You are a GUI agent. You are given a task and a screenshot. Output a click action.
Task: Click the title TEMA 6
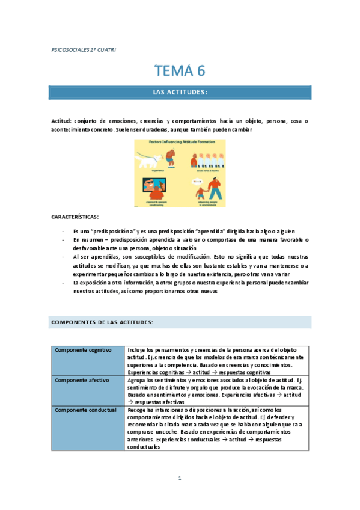(x=180, y=70)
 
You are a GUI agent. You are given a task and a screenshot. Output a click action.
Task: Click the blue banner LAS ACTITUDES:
(x=180, y=92)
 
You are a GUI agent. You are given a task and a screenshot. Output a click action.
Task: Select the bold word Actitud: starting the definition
(x=63, y=121)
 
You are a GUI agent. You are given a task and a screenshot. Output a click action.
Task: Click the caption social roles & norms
(x=206, y=171)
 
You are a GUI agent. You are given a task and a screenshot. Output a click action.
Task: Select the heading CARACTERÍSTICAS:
(x=75, y=217)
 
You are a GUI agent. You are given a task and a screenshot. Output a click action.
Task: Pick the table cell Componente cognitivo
(x=84, y=350)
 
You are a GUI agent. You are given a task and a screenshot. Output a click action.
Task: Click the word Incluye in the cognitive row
(x=137, y=350)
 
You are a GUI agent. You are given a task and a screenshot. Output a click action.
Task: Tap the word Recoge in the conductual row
(x=136, y=410)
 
